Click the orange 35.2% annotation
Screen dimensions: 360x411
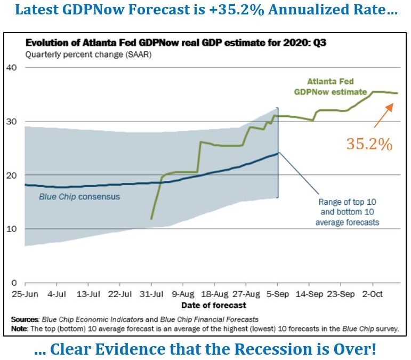(x=369, y=144)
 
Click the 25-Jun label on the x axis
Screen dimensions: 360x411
(x=26, y=294)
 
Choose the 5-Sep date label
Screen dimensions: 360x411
(x=278, y=294)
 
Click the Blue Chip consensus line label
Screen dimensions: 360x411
(x=79, y=196)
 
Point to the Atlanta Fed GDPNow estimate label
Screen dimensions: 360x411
(x=331, y=86)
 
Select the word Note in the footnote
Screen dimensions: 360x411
(x=21, y=328)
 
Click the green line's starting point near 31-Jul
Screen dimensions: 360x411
(x=151, y=219)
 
